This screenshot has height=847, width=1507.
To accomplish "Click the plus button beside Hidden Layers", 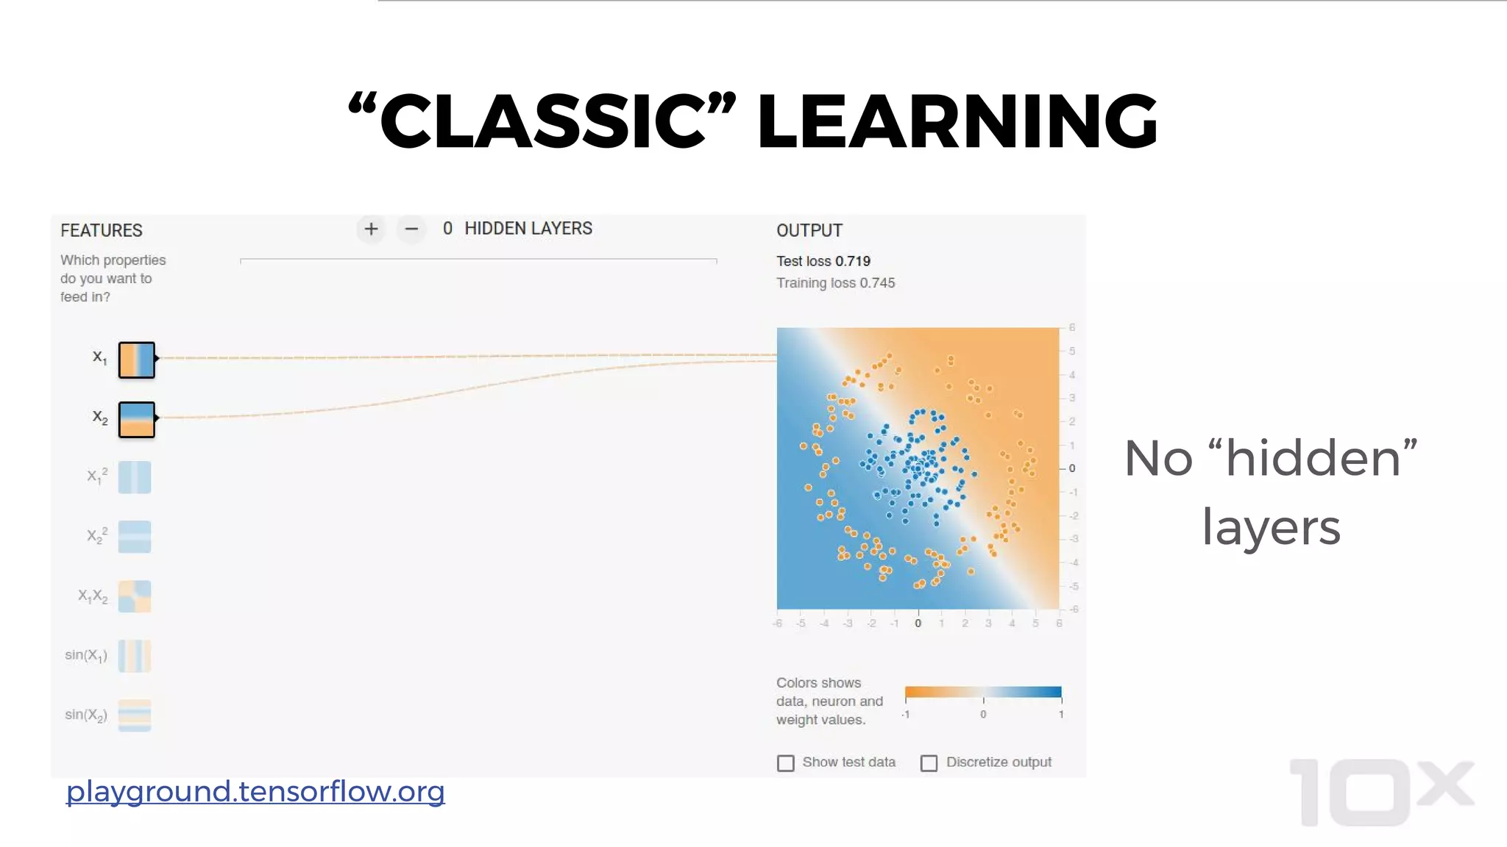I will [371, 229].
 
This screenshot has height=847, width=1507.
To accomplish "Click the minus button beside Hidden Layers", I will [411, 229].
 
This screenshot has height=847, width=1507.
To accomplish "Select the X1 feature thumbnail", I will [137, 360].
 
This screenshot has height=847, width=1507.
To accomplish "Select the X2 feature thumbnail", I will [137, 420].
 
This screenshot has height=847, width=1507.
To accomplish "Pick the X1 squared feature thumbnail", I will [135, 477].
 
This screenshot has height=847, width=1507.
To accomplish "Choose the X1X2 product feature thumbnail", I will [135, 596].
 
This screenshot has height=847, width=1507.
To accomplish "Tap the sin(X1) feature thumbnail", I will [135, 656].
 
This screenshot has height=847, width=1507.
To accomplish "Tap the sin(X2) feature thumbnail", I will [135, 715].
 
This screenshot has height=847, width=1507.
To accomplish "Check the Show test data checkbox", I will [786, 763].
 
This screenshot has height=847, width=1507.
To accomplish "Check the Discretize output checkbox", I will [929, 763].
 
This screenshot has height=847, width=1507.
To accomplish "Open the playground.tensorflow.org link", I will [255, 792].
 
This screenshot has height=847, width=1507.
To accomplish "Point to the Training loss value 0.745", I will [877, 283].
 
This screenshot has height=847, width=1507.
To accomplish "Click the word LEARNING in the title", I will [957, 121].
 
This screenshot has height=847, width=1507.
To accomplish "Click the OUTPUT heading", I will [809, 230].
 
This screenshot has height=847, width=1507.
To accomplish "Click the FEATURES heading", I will [102, 230].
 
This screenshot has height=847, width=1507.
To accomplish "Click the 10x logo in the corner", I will [1381, 793].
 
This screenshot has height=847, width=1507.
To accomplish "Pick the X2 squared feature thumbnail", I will [135, 537].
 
